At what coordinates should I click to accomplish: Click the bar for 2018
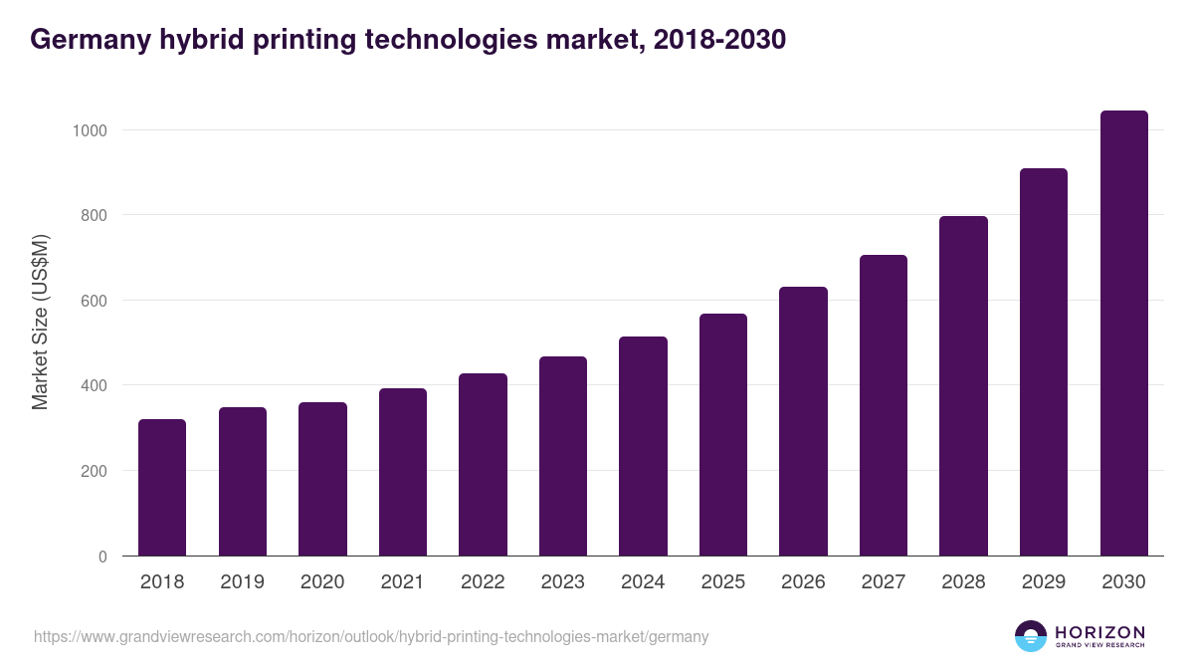click(x=162, y=488)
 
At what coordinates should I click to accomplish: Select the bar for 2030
click(x=1123, y=334)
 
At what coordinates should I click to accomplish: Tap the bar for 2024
click(x=643, y=446)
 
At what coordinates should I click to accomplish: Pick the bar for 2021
click(x=403, y=472)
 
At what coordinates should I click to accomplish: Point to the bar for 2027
click(x=884, y=405)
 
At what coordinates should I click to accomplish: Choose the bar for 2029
click(x=1044, y=362)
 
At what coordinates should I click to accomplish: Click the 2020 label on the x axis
click(x=322, y=582)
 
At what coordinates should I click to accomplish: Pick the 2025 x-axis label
click(x=723, y=582)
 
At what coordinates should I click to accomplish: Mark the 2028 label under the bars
click(x=963, y=582)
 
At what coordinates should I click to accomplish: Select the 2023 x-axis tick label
click(x=563, y=582)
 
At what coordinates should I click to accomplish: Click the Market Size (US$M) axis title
click(x=40, y=322)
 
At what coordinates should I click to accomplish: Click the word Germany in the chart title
click(x=90, y=40)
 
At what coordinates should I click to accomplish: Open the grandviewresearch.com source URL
click(x=371, y=636)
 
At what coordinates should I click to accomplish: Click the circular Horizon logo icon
click(x=1031, y=636)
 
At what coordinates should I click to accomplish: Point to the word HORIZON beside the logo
click(x=1099, y=632)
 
